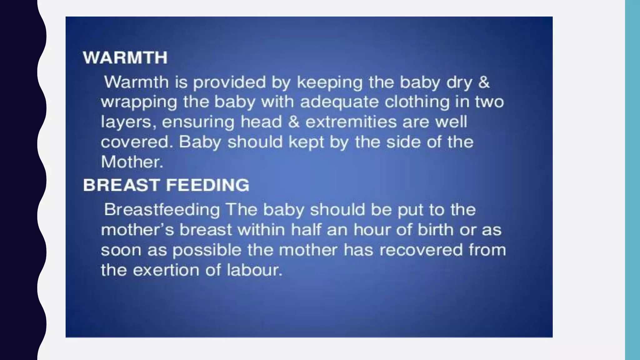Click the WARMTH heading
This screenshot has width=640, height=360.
click(125, 58)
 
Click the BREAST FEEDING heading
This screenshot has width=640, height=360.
click(166, 185)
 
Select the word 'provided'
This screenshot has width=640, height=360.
click(229, 82)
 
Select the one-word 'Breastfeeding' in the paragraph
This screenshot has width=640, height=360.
click(162, 210)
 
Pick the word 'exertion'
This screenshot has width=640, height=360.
click(166, 270)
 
